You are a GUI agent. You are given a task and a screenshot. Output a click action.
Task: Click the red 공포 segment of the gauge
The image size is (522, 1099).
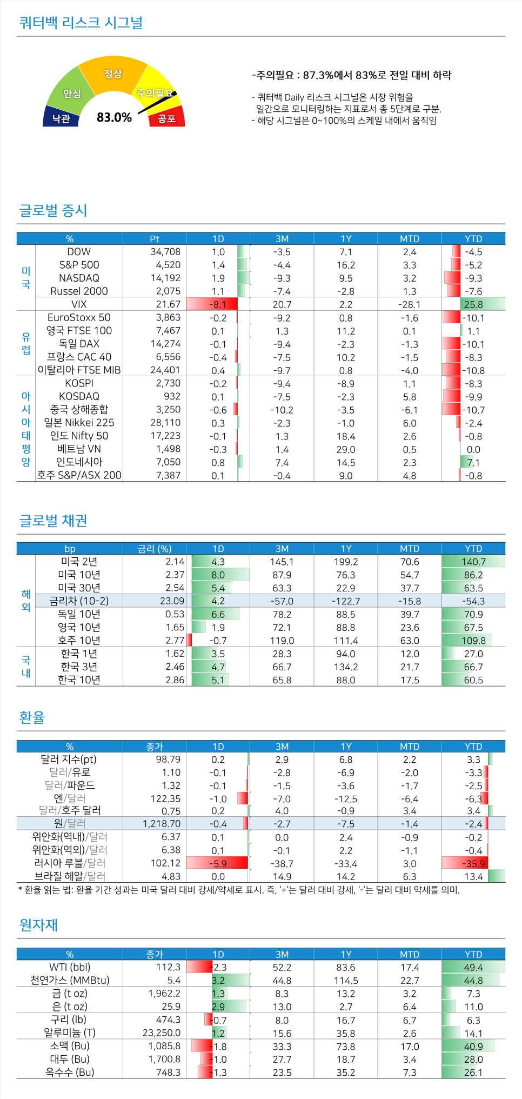click(167, 118)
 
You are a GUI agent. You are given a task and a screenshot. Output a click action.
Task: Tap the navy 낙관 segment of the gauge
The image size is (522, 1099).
click(61, 118)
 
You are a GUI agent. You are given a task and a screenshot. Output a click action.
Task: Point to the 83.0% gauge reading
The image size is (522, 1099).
click(114, 117)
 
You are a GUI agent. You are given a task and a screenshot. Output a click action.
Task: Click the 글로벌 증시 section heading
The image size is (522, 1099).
click(53, 210)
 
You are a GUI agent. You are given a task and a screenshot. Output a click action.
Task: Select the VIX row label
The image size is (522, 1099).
click(79, 304)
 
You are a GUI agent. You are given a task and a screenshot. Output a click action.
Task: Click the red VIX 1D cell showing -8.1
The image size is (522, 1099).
click(217, 304)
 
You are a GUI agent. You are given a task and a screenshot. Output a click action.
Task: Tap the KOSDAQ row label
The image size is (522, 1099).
click(79, 396)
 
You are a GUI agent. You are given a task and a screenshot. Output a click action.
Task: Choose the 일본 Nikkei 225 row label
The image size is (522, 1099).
click(79, 423)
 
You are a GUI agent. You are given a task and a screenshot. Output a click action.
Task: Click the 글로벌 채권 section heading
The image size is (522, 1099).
click(53, 521)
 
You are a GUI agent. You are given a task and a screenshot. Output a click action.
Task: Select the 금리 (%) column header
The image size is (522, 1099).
click(155, 549)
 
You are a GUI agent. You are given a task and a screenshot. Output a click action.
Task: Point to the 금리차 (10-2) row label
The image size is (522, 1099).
click(79, 601)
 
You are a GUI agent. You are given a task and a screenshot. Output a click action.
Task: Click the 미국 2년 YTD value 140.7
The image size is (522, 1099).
click(473, 562)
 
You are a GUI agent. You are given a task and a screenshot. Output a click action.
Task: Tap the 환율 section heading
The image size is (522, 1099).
click(32, 717)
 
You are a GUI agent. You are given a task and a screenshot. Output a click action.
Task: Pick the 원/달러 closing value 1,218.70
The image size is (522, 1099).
click(162, 823)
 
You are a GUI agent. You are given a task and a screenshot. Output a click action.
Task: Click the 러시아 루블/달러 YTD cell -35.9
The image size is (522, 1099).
click(473, 863)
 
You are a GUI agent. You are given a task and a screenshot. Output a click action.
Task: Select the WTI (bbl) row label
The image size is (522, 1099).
click(70, 967)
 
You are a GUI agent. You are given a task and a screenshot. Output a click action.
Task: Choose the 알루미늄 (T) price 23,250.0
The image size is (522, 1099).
click(162, 1033)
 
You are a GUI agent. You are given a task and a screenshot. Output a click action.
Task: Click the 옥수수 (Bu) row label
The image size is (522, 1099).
click(70, 1072)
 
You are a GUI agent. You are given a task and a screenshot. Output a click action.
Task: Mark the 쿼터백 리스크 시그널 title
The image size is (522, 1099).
click(81, 23)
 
